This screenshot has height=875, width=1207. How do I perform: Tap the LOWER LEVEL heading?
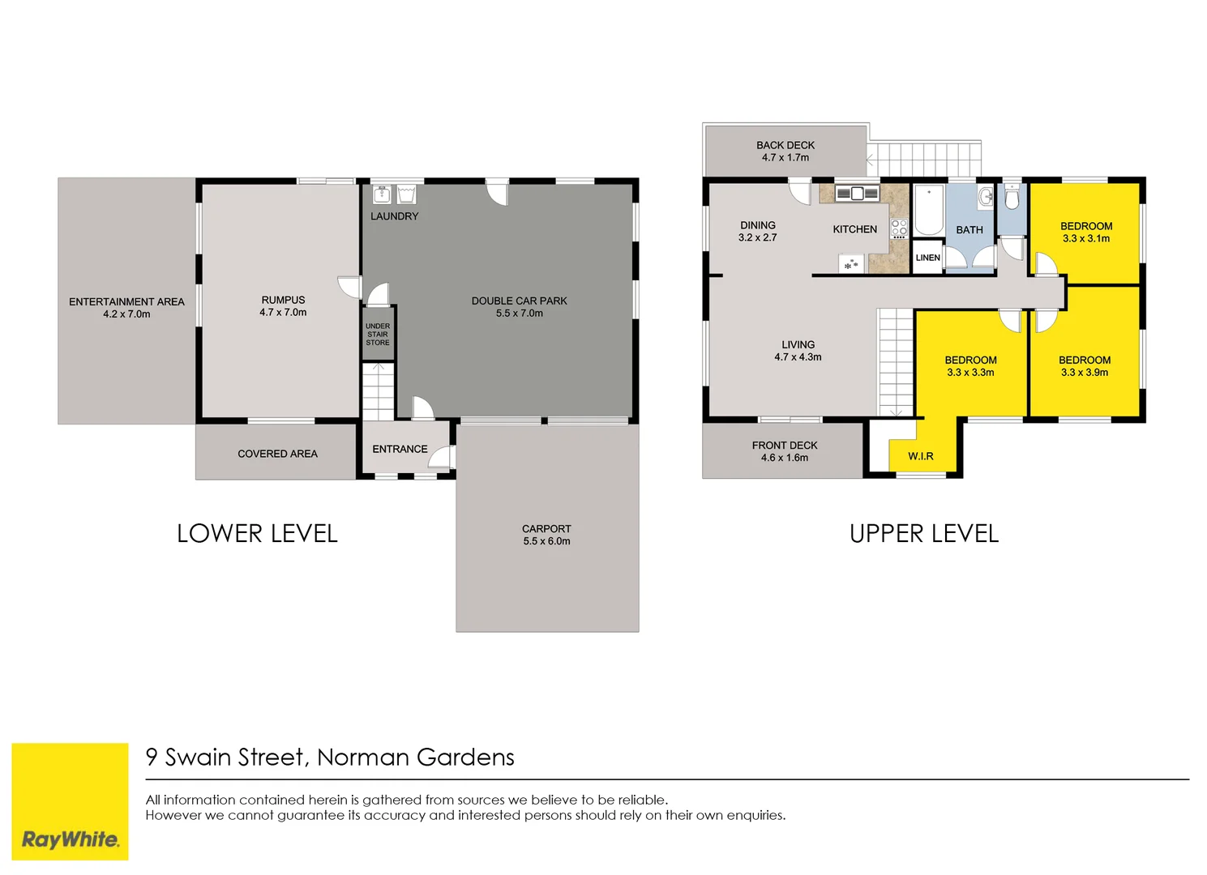click(x=257, y=534)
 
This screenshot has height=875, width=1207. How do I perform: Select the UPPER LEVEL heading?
click(x=923, y=534)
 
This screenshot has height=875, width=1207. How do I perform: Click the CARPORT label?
click(x=546, y=529)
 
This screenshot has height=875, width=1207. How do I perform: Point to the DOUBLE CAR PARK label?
click(x=519, y=301)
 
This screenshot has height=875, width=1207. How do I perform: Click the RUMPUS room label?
click(x=283, y=300)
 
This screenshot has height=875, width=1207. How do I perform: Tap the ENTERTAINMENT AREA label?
click(x=126, y=301)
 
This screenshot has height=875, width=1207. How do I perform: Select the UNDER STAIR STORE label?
click(x=378, y=335)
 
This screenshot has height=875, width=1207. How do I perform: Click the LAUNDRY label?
click(x=394, y=216)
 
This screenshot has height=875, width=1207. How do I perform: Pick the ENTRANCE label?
click(x=400, y=449)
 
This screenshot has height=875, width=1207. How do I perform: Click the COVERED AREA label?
click(x=277, y=454)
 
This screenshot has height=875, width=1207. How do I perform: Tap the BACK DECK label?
click(x=785, y=146)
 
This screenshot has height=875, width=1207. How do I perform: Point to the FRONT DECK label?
click(x=784, y=446)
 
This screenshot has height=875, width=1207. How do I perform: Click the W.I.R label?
click(x=920, y=456)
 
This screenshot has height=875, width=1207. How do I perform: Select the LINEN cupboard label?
click(x=927, y=258)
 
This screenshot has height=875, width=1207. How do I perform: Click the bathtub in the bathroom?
click(x=928, y=209)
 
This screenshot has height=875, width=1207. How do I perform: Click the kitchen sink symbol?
click(x=857, y=194)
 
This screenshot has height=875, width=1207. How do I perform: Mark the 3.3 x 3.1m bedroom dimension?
click(x=1086, y=239)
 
